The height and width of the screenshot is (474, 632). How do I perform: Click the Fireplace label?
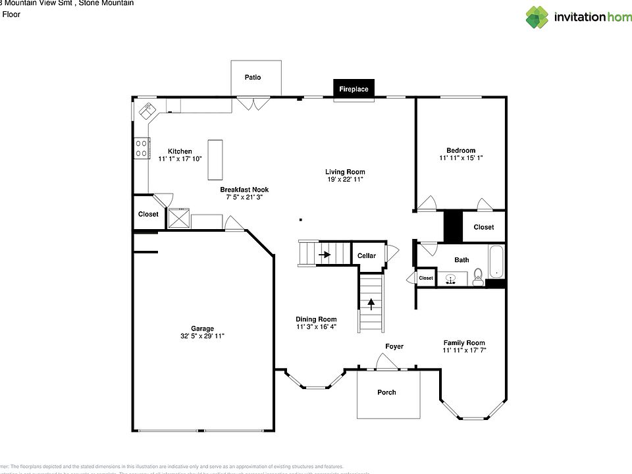(354, 90)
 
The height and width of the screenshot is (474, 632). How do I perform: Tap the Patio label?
(253, 77)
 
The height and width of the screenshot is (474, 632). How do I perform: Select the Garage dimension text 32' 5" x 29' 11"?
(202, 336)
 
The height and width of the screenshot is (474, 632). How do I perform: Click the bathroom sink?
(452, 279)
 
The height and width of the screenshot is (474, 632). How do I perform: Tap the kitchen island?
(216, 159)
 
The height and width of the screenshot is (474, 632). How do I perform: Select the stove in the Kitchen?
(142, 148)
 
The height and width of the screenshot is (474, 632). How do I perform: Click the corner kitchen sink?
(146, 110)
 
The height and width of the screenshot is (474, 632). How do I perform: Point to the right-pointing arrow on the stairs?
(324, 253)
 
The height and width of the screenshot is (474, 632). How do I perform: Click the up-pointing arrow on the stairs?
(371, 303)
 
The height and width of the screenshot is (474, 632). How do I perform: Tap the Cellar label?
(367, 255)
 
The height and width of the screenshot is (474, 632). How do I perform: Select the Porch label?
(386, 392)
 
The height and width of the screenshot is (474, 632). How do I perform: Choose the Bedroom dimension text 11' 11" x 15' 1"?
(461, 158)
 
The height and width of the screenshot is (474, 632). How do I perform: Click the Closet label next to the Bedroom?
(483, 227)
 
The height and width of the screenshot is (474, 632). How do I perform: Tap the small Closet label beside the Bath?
(426, 278)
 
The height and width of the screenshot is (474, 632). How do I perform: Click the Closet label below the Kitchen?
(148, 214)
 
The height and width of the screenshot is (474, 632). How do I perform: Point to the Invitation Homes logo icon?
(537, 17)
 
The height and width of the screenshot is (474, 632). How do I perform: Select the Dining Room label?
(316, 319)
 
